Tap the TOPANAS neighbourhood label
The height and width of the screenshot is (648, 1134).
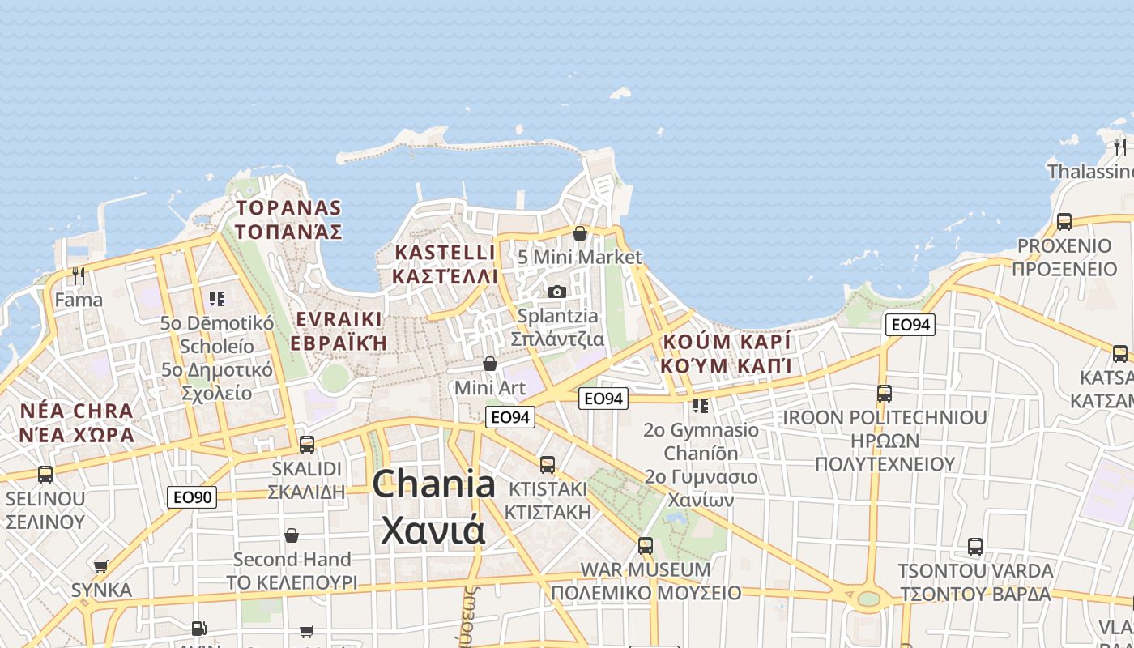click(x=288, y=208)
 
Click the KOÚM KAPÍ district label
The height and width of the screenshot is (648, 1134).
click(x=727, y=342)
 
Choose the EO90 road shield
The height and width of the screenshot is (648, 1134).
click(x=192, y=497)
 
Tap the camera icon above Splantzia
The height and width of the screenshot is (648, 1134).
click(x=557, y=292)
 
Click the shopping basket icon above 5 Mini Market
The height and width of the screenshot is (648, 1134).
click(x=580, y=233)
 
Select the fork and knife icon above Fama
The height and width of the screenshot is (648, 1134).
click(x=79, y=276)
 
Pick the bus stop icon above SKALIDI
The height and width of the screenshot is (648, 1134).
click(x=307, y=444)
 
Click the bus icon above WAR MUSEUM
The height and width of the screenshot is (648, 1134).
click(x=646, y=545)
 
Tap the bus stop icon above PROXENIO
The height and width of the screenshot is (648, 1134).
click(x=1064, y=221)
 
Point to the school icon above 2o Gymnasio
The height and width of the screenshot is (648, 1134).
click(x=701, y=405)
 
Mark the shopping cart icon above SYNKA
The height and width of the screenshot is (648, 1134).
click(x=101, y=566)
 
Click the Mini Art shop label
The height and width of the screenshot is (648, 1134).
click(x=490, y=388)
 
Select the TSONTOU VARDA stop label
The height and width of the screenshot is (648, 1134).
click(x=975, y=570)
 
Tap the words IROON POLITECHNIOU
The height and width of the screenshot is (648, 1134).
click(x=885, y=418)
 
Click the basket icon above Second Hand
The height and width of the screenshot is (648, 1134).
click(x=292, y=535)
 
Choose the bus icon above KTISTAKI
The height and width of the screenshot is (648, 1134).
click(x=548, y=464)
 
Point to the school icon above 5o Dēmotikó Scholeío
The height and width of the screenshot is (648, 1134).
click(x=216, y=299)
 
